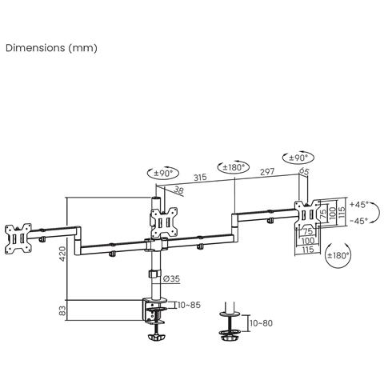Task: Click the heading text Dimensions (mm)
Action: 51,48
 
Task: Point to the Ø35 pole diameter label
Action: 170,278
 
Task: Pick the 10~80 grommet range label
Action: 262,323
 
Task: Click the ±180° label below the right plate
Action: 340,256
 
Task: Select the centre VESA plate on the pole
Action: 163,220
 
